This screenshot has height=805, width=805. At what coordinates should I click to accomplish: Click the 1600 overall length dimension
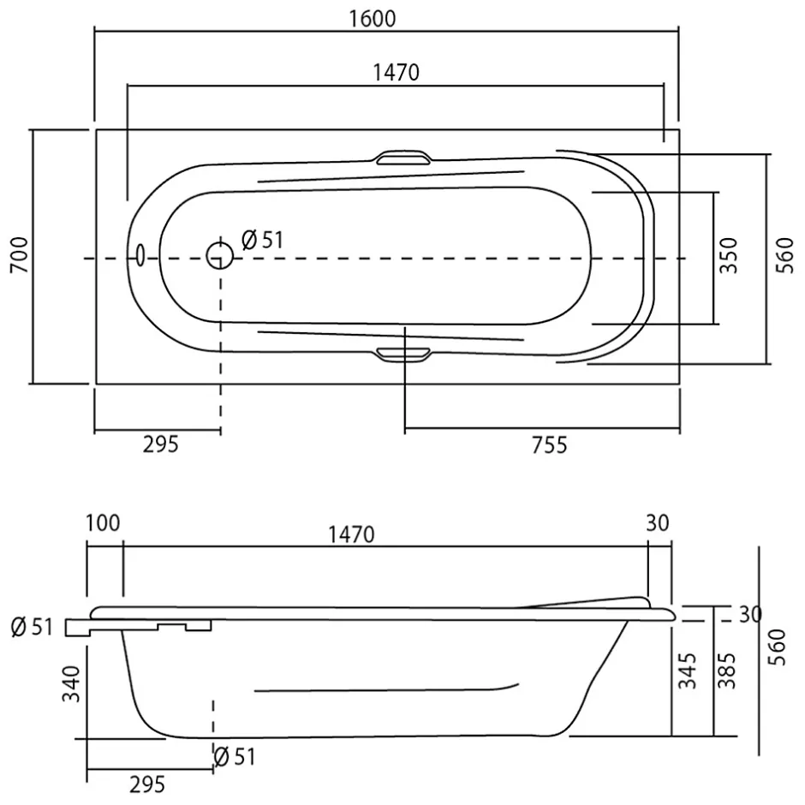(x=373, y=19)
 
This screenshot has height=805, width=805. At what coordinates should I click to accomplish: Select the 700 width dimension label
(x=20, y=254)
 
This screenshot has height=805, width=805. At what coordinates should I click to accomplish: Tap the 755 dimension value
(x=549, y=445)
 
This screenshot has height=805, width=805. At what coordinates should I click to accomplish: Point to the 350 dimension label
(x=728, y=255)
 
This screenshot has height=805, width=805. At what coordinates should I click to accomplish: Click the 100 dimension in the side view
(x=103, y=523)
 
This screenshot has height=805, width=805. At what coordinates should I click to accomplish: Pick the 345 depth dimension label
(x=688, y=671)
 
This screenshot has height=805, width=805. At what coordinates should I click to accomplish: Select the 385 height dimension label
(x=727, y=671)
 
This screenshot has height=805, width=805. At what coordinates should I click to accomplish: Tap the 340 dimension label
(x=71, y=684)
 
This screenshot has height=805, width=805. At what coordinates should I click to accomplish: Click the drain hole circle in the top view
(x=220, y=255)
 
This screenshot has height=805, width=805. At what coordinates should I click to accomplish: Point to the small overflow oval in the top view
(x=140, y=254)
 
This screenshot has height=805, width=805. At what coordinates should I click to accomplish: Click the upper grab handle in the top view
(x=403, y=157)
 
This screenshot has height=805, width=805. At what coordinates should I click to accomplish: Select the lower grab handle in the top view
(x=403, y=355)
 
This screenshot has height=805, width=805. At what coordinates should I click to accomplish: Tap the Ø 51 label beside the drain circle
(x=262, y=240)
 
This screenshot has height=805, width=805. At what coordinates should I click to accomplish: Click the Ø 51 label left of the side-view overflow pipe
(x=32, y=627)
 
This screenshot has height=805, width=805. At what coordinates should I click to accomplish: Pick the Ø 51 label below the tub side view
(x=234, y=757)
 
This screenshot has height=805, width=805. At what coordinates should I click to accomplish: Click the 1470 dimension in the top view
(x=396, y=73)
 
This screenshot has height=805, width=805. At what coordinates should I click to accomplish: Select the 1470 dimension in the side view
(x=351, y=535)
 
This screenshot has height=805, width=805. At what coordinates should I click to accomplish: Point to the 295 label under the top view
(x=161, y=444)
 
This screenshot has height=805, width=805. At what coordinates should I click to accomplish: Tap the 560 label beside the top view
(x=784, y=255)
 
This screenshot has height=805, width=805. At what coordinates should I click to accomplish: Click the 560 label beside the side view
(x=778, y=647)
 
